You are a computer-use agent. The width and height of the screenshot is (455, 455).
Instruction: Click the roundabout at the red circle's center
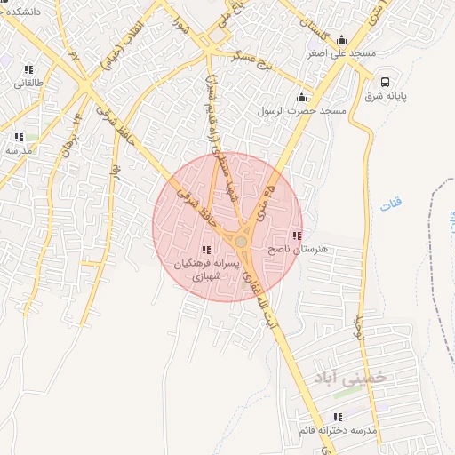[x=241, y=241]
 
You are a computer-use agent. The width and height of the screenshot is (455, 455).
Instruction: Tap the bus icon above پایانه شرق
[x=384, y=80]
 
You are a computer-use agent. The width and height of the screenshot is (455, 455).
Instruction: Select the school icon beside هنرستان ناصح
[x=297, y=236]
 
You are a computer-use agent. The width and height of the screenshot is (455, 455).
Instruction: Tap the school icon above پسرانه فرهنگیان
[x=206, y=251]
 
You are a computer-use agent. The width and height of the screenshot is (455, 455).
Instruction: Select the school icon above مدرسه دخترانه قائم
[x=337, y=417]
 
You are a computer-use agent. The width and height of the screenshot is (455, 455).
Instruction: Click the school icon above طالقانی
[x=28, y=69]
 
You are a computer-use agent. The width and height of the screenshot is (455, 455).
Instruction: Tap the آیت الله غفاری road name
[x=272, y=301]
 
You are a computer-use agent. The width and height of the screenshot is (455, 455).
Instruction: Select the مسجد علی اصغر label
[x=339, y=53]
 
